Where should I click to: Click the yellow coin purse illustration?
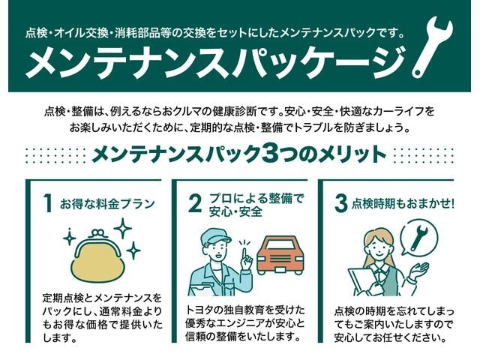click(x=98, y=259)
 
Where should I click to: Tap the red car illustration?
click(x=280, y=255)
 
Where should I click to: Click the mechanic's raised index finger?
click(x=244, y=255)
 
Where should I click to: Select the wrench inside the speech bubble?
click(x=418, y=237)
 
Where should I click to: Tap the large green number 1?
click(x=48, y=203)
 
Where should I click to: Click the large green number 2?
click(x=195, y=203)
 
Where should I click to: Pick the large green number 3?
click(x=340, y=203)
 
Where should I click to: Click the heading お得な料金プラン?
click(x=107, y=203)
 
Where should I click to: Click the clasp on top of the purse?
click(x=98, y=233)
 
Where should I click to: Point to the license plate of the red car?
click(x=280, y=269)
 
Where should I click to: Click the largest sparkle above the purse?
click(x=123, y=228)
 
